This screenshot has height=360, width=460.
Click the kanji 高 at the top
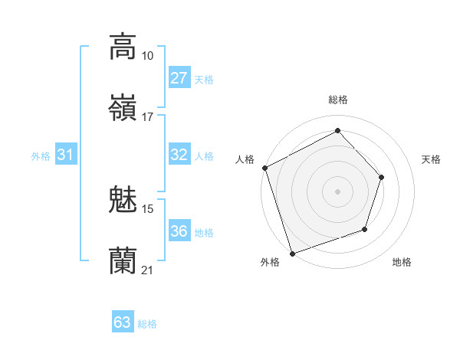(123, 47)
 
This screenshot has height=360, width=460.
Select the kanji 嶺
(123, 108)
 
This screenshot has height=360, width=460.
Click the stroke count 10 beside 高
(147, 56)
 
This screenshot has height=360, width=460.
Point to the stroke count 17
(147, 117)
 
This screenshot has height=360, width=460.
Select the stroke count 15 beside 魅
(148, 208)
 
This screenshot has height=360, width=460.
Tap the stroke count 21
(147, 270)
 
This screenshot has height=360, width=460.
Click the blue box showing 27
(179, 78)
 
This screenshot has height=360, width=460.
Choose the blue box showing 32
(179, 155)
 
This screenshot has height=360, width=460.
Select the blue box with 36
(179, 231)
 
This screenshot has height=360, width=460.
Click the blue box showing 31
(66, 155)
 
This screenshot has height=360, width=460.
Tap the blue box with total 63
(123, 322)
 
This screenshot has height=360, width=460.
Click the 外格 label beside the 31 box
(41, 155)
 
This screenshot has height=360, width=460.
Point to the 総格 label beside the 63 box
(147, 323)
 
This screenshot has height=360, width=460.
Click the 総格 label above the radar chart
(337, 100)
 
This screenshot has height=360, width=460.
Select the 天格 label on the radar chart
(432, 159)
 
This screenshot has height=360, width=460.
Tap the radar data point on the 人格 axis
(265, 168)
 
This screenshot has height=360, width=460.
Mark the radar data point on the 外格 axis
(292, 252)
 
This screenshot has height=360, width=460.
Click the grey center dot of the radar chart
(337, 191)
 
